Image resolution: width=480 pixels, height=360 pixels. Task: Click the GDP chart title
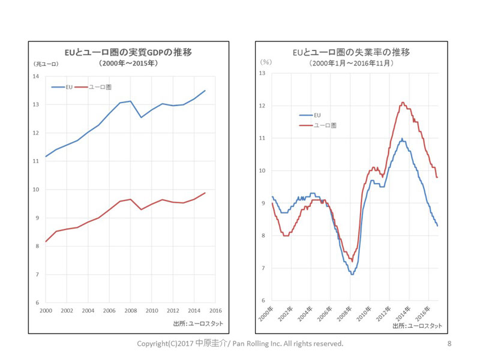tap(128, 52)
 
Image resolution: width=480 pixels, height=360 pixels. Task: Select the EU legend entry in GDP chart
tap(62, 87)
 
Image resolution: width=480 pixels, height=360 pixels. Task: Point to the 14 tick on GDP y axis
tap(35, 76)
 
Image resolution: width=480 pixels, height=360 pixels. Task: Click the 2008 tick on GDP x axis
tap(131, 310)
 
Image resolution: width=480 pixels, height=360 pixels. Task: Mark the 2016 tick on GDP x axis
tap(215, 310)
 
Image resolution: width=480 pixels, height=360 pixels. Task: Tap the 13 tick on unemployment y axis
tap(262, 73)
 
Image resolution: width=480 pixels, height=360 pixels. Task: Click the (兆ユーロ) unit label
tap(46, 64)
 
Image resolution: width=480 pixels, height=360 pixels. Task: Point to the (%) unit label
tap(266, 62)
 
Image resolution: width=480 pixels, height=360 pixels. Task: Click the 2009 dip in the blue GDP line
tap(141, 117)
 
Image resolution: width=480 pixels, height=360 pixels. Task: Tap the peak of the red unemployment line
tap(403, 103)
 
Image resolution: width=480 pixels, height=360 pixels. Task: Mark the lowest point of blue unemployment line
tap(352, 274)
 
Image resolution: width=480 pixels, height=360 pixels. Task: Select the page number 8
tap(449, 344)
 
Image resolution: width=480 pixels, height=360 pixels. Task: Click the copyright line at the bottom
tap(240, 344)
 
